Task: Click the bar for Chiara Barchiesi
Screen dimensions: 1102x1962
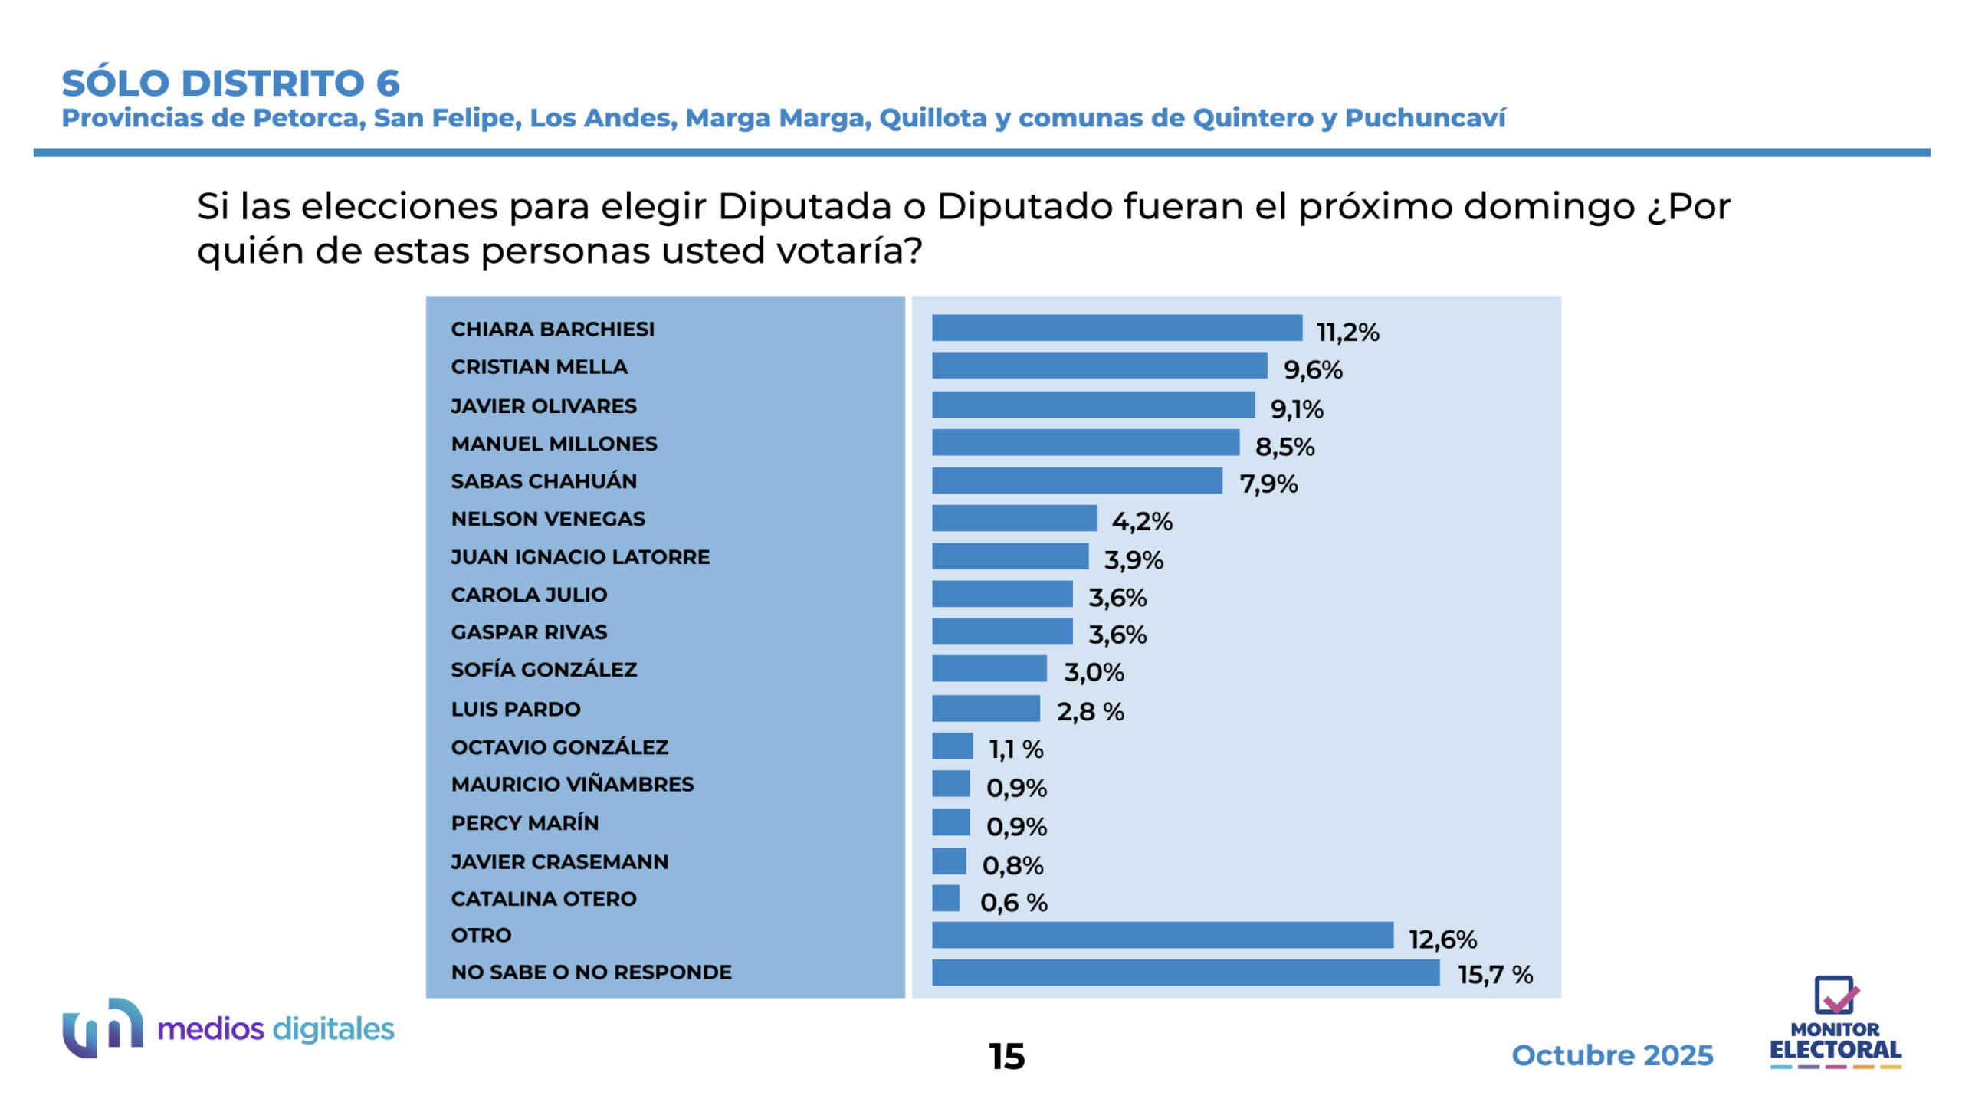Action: click(x=1116, y=328)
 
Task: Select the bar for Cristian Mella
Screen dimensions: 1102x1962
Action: click(x=1098, y=366)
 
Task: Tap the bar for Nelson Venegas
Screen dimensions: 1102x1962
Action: click(x=1013, y=518)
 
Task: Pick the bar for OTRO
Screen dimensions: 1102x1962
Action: click(x=1162, y=934)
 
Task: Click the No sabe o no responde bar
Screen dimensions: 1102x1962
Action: click(x=1185, y=972)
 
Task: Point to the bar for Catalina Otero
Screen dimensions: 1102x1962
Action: click(x=945, y=897)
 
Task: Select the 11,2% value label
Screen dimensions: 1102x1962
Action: click(x=1347, y=332)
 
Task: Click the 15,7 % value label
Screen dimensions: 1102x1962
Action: click(x=1494, y=974)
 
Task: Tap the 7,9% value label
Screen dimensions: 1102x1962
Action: click(x=1268, y=484)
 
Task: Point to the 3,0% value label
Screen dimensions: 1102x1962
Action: click(x=1093, y=672)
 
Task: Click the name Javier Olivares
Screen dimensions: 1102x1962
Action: click(x=543, y=405)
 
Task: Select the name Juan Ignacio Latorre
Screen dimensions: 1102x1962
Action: click(x=579, y=556)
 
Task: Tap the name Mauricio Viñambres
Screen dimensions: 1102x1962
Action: click(x=572, y=784)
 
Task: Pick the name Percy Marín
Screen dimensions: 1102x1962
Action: click(x=524, y=822)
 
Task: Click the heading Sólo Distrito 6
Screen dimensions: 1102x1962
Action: click(x=231, y=83)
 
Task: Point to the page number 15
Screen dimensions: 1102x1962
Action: click(x=1006, y=1056)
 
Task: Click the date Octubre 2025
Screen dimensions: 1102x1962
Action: click(x=1611, y=1054)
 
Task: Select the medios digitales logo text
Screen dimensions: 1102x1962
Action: click(x=275, y=1028)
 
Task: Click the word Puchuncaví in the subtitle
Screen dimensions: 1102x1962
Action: click(x=1425, y=118)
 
